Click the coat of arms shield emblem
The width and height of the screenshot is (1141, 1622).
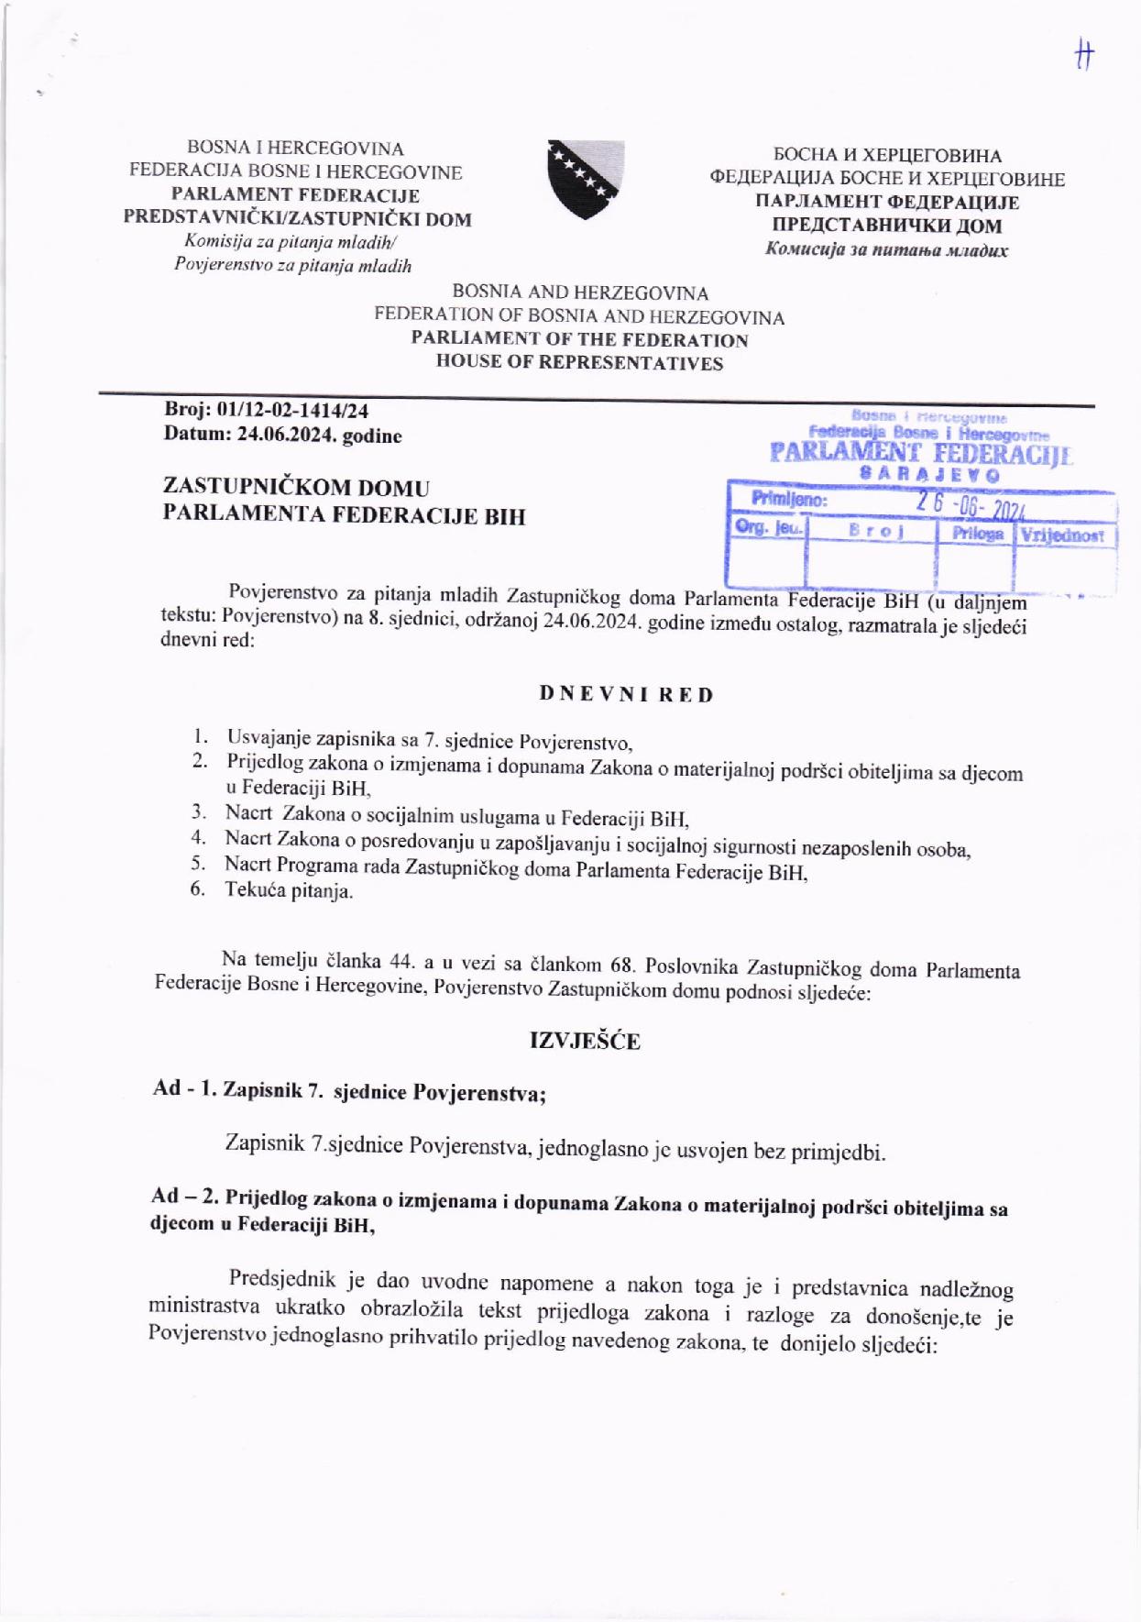tap(586, 179)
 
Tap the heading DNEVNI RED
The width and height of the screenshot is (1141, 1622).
tap(626, 694)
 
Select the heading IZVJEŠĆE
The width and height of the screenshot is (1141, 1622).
tap(585, 1040)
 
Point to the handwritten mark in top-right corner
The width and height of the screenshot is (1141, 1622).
tap(1084, 56)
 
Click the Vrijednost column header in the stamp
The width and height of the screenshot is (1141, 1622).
tap(1063, 535)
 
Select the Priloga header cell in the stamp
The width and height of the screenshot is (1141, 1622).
tap(977, 534)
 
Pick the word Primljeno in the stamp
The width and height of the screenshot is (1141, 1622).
tap(789, 501)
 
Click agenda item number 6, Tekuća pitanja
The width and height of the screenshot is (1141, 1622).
tap(288, 890)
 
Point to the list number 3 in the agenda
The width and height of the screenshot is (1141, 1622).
tap(198, 811)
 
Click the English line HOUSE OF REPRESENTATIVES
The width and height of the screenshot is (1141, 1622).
tap(579, 363)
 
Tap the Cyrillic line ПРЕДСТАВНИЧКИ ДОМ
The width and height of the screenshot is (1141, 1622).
tap(886, 226)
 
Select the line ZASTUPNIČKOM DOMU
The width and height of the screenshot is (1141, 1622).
tap(296, 488)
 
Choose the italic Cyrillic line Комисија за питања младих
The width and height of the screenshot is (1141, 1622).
tap(886, 249)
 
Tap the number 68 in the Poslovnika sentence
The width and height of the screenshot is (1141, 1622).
tap(622, 965)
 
